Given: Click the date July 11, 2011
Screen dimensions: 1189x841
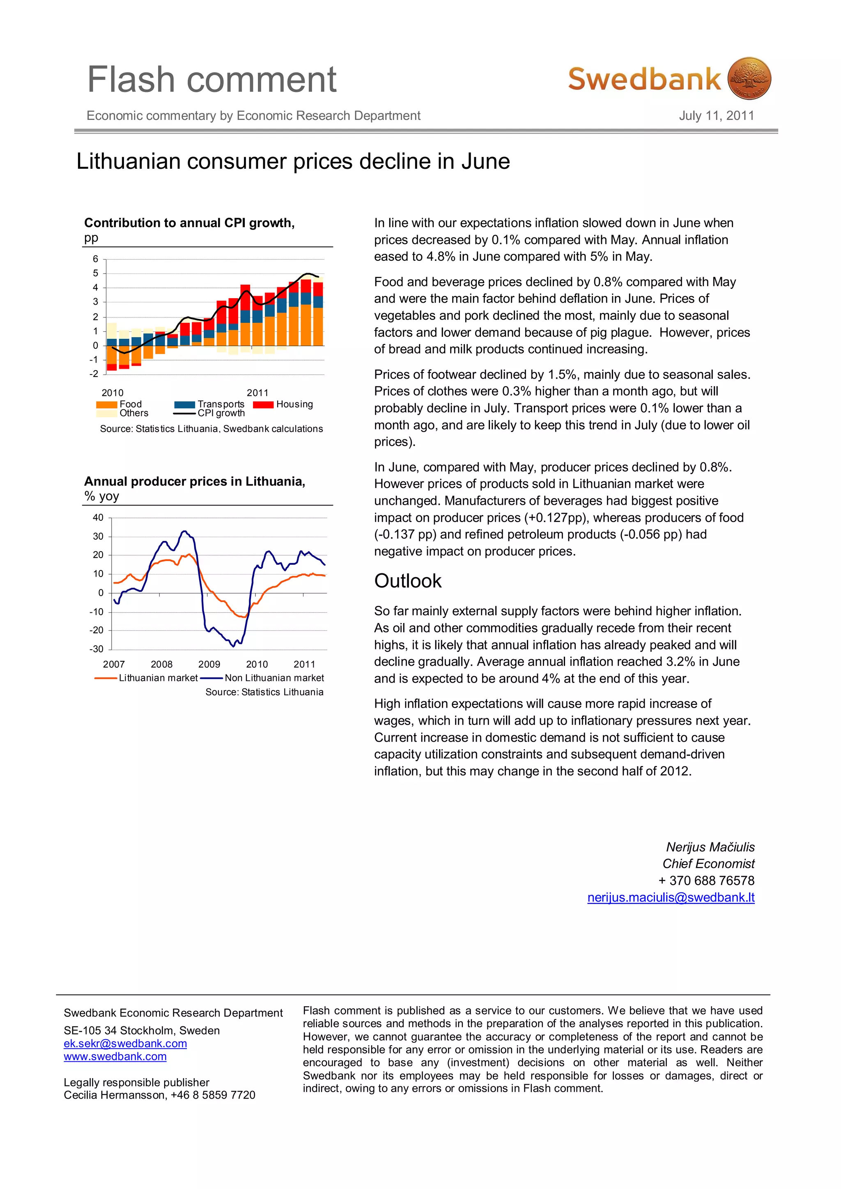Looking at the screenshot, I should point(716,115).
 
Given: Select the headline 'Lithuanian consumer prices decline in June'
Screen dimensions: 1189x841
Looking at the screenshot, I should point(293,161).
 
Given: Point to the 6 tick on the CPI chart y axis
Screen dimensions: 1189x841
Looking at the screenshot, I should point(95,259).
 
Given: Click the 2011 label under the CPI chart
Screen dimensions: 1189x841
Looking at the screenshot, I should point(257,393).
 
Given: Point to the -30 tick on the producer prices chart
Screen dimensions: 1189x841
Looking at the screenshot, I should point(97,649).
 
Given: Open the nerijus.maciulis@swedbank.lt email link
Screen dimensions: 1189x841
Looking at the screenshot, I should point(671,897).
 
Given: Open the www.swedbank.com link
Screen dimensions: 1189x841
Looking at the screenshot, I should point(115,1056).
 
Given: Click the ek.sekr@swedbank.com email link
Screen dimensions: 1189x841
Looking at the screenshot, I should point(125,1044).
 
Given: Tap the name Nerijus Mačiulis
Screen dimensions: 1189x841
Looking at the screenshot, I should point(710,847).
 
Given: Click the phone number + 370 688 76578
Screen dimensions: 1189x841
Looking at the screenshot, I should point(706,881).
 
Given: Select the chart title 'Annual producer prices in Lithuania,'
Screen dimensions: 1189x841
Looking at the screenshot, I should point(195,482).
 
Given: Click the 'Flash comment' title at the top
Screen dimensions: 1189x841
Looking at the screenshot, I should point(212,80).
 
